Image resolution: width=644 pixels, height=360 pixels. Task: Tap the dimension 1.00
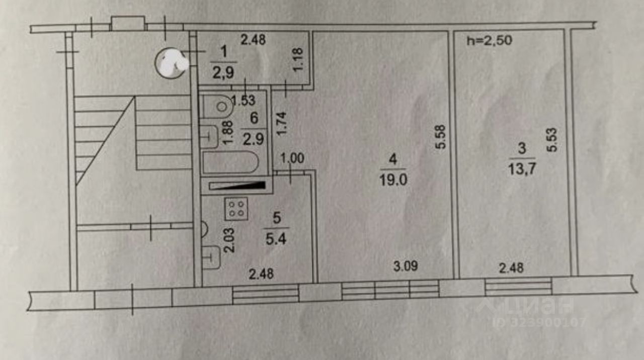point(292,159)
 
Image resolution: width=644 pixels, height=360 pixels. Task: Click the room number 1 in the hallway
point(224,51)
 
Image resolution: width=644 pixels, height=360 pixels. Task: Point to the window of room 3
point(518,287)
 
